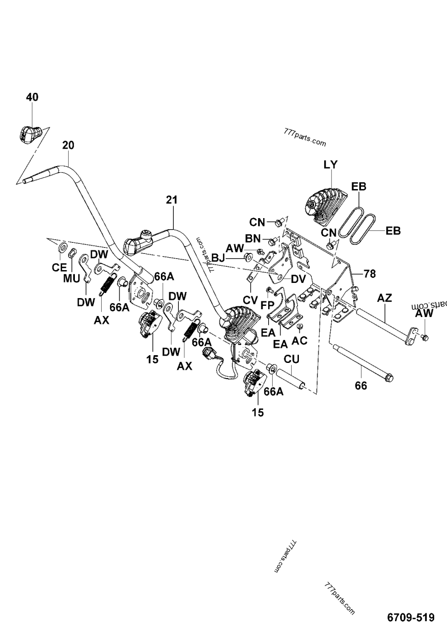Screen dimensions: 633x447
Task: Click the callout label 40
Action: [x=32, y=97]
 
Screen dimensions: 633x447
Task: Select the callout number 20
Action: [x=68, y=145]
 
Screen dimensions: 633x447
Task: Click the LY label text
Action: [x=331, y=165]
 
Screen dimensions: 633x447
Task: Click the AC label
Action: [x=299, y=340]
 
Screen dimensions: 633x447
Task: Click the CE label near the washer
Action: [x=59, y=268]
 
